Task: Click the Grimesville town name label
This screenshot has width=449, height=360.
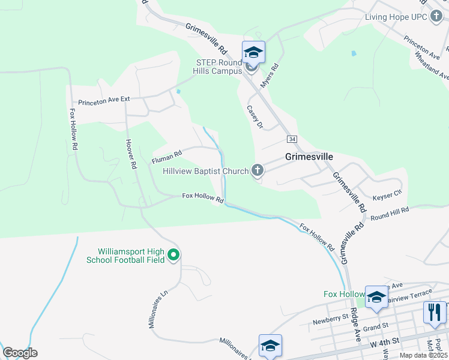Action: [309, 157]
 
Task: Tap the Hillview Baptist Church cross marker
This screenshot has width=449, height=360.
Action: [258, 171]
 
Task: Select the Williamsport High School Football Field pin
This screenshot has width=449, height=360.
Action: [173, 256]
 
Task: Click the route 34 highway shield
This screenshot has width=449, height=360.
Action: [292, 139]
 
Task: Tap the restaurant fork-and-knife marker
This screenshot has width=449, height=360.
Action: [433, 312]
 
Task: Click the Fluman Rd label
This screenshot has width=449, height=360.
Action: [166, 157]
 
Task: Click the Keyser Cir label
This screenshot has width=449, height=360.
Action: [387, 194]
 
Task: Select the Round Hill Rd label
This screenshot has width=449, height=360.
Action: [390, 214]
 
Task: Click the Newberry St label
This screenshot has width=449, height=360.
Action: [330, 318]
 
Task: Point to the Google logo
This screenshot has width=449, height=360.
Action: [20, 353]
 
